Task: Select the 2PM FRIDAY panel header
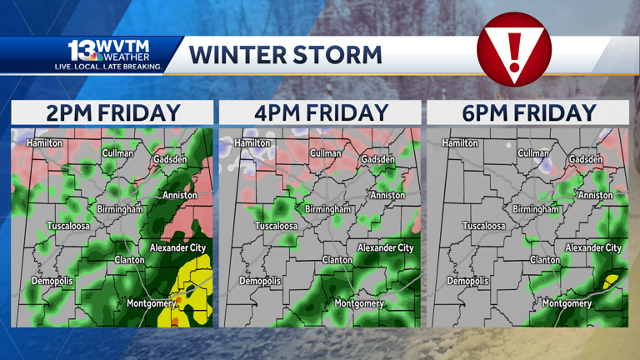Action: point(112,112)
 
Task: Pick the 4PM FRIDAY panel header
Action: point(320,112)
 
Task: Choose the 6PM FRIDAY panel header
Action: point(528,112)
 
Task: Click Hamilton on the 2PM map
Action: point(44,143)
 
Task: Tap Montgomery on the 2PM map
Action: point(151,303)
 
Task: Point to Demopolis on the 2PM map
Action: point(52,281)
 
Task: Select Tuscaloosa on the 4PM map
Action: point(276,226)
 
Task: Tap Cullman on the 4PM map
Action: point(326,153)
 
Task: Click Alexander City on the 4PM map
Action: point(385,247)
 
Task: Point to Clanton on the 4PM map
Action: point(337,260)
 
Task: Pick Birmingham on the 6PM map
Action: point(536,209)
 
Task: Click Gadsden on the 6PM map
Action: point(586,159)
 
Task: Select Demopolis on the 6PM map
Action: point(468,281)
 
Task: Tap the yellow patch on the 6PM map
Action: point(612,280)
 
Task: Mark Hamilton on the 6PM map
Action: point(460,143)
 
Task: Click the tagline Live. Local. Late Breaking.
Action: point(108,66)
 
